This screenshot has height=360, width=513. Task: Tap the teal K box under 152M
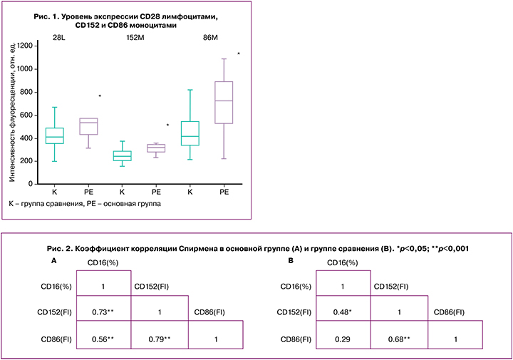123,155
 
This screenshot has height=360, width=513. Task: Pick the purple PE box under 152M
156,148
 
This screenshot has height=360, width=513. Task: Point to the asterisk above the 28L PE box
100,96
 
